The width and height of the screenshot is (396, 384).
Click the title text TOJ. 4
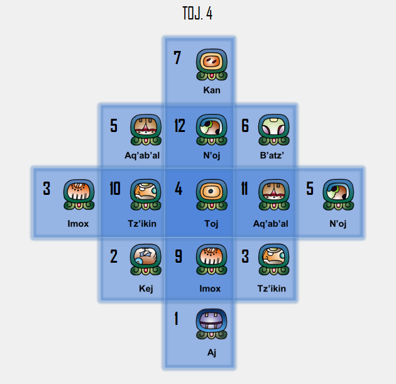[197, 14]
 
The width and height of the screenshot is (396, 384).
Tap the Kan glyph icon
[212, 65]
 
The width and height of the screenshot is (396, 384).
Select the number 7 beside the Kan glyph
[177, 58]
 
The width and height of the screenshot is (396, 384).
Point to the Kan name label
[212, 91]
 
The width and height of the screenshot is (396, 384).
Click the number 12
[180, 126]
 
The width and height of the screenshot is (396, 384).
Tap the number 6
[245, 126]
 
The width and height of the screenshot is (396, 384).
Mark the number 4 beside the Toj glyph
[179, 189]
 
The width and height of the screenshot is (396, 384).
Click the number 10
[114, 189]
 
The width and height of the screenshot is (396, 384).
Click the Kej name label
[146, 289]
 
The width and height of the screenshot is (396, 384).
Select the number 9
[179, 256]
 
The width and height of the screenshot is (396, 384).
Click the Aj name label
[212, 353]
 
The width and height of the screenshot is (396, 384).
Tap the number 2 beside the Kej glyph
[114, 256]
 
